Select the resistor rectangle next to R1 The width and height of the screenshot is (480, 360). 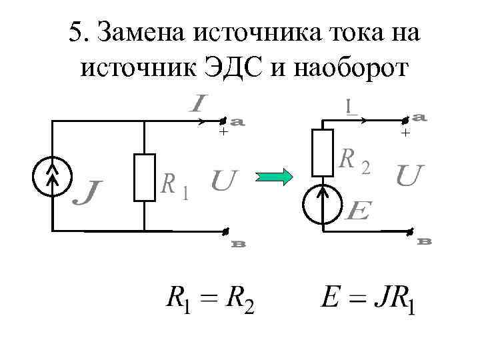tap(144, 177)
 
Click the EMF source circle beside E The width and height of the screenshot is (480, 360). tap(323, 204)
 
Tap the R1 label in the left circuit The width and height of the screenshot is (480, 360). tap(176, 186)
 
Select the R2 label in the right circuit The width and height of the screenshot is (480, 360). tap(355, 161)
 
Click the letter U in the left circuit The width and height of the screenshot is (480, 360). tap(223, 181)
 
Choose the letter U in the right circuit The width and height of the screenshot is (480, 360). tap(409, 176)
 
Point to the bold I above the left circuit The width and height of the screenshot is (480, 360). tap(198, 104)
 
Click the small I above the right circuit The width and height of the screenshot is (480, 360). tap(349, 106)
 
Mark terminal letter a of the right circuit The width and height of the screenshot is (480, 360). tap(420, 117)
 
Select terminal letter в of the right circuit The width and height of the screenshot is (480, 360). tap(424, 241)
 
